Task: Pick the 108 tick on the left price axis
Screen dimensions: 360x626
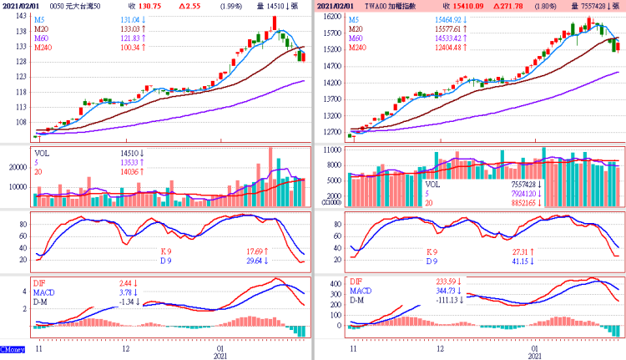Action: (18, 122)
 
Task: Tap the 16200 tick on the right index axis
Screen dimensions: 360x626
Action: (332, 16)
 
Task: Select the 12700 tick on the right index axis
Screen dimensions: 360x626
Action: (332, 131)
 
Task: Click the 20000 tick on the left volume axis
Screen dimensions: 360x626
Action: (18, 167)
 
